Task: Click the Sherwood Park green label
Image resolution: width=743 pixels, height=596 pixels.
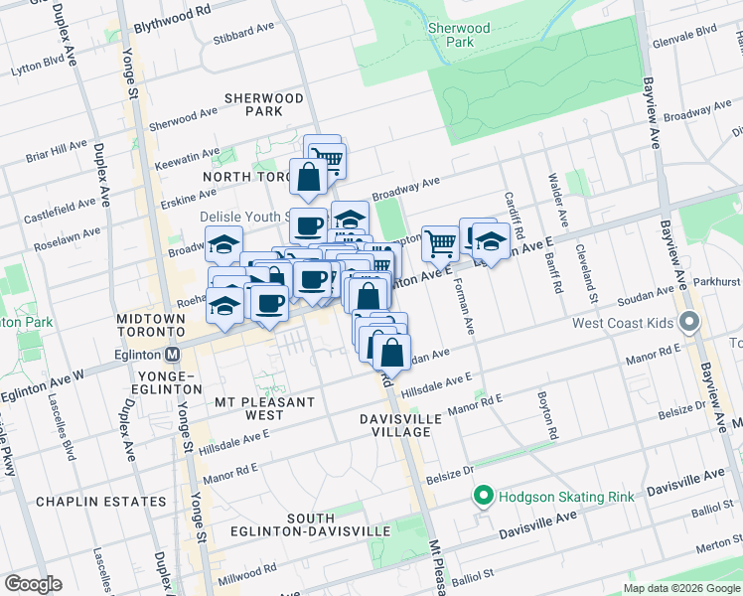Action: [459, 36]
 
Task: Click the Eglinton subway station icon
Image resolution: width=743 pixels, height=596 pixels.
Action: [173, 354]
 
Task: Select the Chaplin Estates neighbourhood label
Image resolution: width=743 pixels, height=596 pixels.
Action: [100, 502]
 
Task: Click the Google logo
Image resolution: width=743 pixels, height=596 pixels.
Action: [33, 584]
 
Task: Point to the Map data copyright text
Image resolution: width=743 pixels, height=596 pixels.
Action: [680, 588]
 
